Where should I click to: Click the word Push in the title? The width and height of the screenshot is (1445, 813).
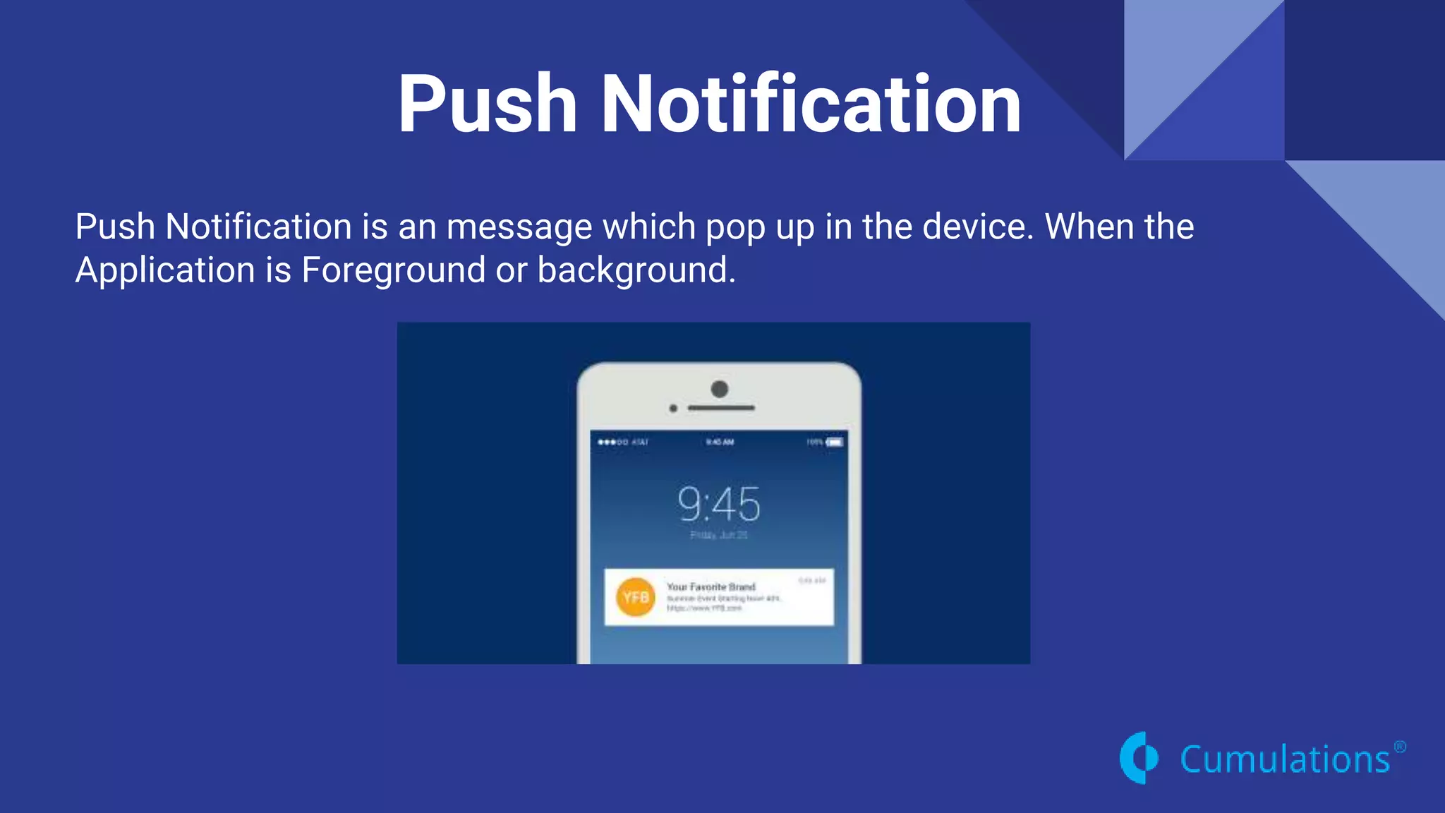tap(487, 104)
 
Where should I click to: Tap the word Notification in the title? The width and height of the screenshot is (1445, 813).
tap(810, 104)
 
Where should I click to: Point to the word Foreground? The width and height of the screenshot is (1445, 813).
tap(393, 270)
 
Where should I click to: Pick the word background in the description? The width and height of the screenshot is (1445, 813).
tap(636, 270)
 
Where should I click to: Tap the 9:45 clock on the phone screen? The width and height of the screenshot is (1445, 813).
tap(719, 504)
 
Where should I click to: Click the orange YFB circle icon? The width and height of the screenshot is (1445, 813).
tap(635, 597)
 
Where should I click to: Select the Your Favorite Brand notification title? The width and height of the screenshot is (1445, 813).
tap(711, 586)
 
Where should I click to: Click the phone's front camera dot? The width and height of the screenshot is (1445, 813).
tap(719, 389)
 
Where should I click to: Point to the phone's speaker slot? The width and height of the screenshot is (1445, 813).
tap(721, 408)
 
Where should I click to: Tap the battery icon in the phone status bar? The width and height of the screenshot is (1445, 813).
tap(835, 442)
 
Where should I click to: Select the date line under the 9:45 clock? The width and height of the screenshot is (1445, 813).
tap(718, 535)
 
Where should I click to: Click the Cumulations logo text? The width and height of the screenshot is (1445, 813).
tap(1284, 760)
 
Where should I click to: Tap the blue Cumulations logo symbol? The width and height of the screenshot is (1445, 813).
tap(1139, 758)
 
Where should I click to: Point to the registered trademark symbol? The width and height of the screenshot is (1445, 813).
tap(1400, 747)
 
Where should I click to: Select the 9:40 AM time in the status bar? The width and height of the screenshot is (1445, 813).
tap(720, 442)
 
